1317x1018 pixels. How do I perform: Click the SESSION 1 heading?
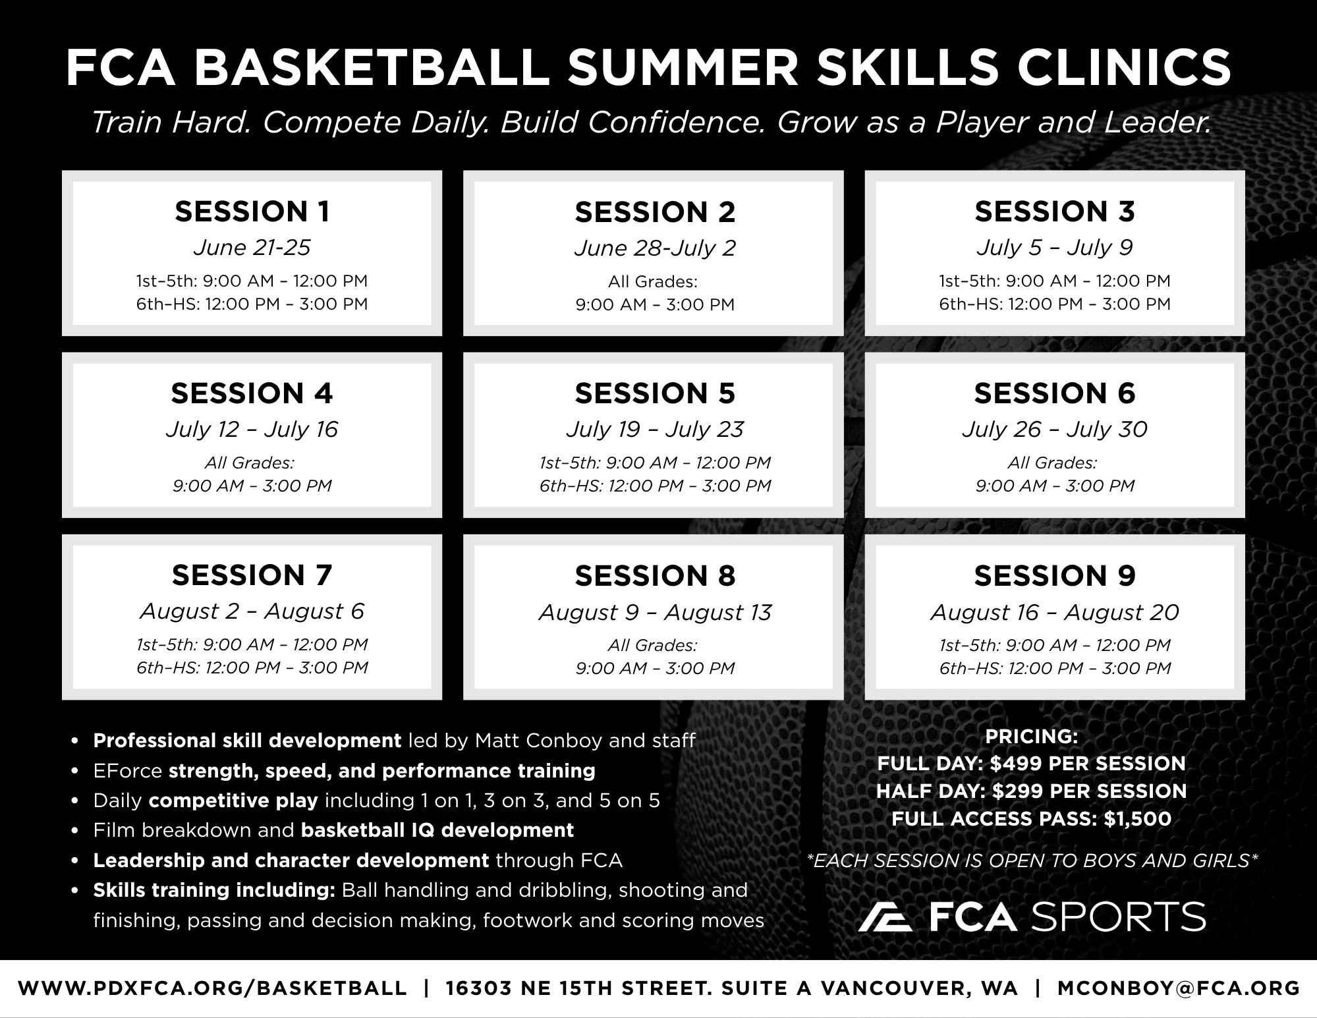pyautogui.click(x=252, y=212)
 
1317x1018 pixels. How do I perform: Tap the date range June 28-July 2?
pyautogui.click(x=654, y=248)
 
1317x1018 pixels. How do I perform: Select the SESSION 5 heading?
pyautogui.click(x=654, y=393)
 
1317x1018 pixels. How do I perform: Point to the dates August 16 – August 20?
pyautogui.click(x=1055, y=612)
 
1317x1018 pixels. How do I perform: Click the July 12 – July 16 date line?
pyautogui.click(x=252, y=430)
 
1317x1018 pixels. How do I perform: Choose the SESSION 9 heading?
pyautogui.click(x=1055, y=575)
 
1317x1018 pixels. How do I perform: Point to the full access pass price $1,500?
pyautogui.click(x=1138, y=819)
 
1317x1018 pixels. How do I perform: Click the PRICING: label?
pyautogui.click(x=1031, y=736)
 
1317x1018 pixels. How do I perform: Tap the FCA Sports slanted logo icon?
pyautogui.click(x=885, y=917)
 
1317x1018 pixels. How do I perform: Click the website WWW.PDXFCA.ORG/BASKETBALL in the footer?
pyautogui.click(x=212, y=988)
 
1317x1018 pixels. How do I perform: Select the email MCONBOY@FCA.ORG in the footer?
pyautogui.click(x=1179, y=988)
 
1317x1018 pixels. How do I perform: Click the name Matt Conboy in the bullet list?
pyautogui.click(x=538, y=741)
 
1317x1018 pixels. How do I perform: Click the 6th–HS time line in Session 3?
pyautogui.click(x=1055, y=304)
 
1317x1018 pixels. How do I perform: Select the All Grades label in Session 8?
pyautogui.click(x=652, y=645)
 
